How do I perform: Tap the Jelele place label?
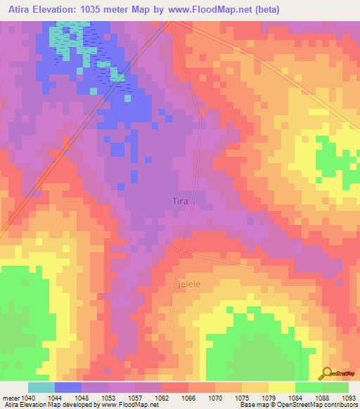(188, 285)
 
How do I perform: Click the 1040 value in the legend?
(28, 398)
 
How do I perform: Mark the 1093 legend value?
(348, 398)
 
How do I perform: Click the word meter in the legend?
(10, 398)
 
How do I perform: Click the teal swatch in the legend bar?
(41, 387)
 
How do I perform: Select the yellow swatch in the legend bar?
(282, 387)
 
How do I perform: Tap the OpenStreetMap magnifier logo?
(326, 372)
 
